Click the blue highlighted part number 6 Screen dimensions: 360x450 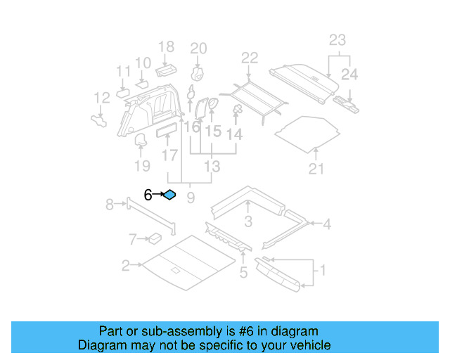pos(169,195)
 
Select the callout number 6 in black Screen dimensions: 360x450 pos(148,195)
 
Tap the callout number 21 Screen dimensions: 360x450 pos(317,169)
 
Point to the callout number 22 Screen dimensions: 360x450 pos(250,58)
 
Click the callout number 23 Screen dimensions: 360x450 pos(337,41)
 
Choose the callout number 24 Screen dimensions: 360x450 pos(349,74)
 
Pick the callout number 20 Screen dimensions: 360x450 pos(199,49)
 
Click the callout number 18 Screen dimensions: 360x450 pos(166,47)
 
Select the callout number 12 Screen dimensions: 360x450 pos(102,98)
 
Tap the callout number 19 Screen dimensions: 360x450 pos(142,166)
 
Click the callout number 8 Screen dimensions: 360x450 pos(110,205)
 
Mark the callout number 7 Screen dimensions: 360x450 pos(132,240)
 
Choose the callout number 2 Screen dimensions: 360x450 pos(125,266)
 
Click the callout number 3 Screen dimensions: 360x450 pos(247,223)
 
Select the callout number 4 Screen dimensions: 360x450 pos(326,224)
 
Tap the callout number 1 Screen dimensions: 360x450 pos(323,270)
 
